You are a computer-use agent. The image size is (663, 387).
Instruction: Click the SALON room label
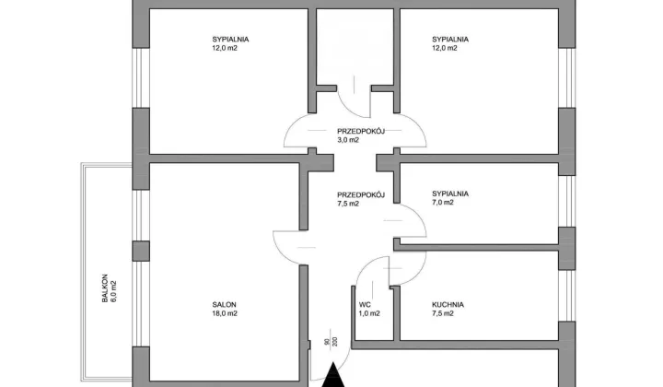224,304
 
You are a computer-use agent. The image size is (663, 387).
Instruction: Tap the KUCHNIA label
448,304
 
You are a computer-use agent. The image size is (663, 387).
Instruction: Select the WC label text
365,304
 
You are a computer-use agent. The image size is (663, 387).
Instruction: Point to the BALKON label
105,288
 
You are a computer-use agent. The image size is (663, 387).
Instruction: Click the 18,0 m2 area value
225,313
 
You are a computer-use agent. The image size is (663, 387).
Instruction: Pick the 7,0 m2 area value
443,203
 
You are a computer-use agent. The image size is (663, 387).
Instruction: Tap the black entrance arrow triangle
333,375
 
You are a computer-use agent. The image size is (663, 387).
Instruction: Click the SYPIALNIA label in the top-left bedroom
230,40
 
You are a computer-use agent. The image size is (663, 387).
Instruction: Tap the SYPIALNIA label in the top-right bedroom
450,40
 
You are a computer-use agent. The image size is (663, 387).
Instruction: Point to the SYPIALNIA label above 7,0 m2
450,193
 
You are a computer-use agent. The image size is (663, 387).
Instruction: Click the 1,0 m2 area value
369,313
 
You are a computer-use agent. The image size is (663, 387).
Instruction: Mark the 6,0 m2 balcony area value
113,291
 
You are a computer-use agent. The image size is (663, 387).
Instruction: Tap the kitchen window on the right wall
567,296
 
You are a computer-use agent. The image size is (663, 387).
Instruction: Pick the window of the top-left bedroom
141,77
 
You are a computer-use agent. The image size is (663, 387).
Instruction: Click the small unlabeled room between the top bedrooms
355,46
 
